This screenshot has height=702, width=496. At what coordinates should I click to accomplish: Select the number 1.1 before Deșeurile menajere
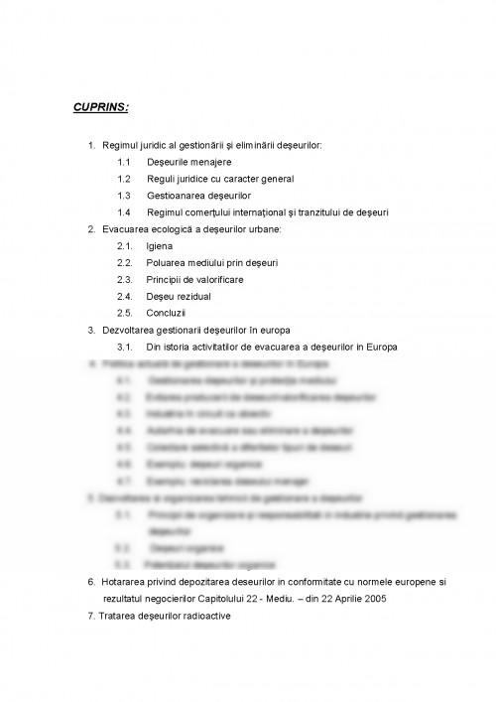pyautogui.click(x=124, y=162)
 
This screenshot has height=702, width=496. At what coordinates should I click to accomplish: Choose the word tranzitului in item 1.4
pyautogui.click(x=318, y=211)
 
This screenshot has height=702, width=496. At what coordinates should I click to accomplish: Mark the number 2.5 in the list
pyautogui.click(x=124, y=312)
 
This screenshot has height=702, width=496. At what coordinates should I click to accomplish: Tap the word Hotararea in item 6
pyautogui.click(x=123, y=581)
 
